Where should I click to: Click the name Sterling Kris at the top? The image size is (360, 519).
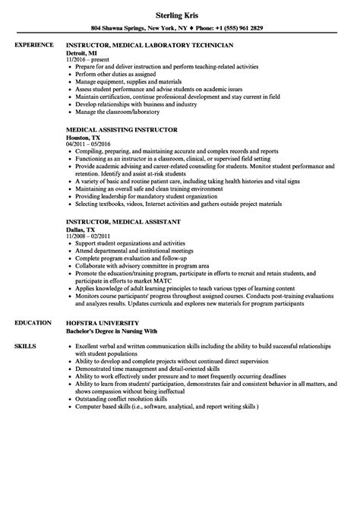pyautogui.click(x=180, y=15)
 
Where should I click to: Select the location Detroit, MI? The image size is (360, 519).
pyautogui.click(x=84, y=65)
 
